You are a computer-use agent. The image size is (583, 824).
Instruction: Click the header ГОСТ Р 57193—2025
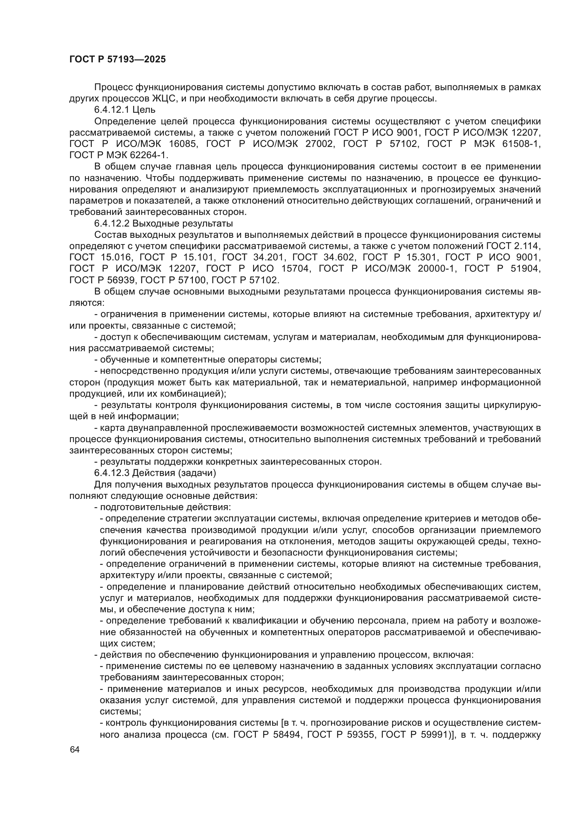pos(117,60)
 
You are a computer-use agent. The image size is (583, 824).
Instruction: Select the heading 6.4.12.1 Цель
pos(124,110)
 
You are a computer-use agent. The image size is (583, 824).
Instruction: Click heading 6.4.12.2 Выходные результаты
pos(163,224)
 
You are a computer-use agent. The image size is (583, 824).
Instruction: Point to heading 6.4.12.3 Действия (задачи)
pos(155,473)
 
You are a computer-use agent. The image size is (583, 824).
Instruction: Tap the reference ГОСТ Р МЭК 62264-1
pos(118,155)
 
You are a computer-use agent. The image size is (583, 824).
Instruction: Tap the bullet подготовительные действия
pos(162,507)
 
